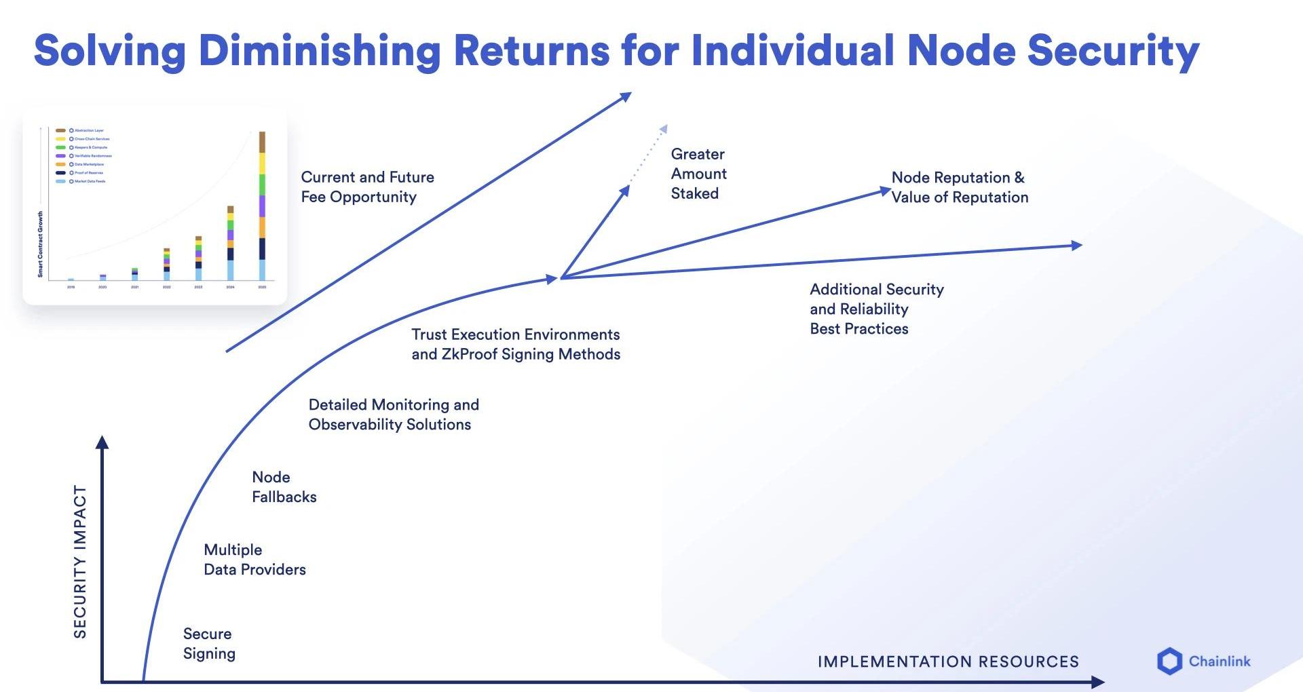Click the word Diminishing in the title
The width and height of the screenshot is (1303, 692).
[x=320, y=52]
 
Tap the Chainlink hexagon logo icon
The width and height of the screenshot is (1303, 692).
[x=1169, y=661]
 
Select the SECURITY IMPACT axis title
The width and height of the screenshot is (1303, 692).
[x=80, y=562]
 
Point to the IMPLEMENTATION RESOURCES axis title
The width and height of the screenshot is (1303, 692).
[x=947, y=661]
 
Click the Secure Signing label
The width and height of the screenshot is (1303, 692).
[x=209, y=643]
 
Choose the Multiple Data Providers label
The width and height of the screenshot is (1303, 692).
[x=254, y=560]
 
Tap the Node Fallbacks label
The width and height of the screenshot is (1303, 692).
[x=284, y=487]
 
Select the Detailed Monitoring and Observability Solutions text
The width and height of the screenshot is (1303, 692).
[x=394, y=415]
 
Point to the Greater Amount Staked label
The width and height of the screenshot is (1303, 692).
[x=698, y=174]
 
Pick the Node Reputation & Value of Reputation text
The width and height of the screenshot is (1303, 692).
[x=960, y=187]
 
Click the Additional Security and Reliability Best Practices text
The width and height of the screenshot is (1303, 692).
[x=876, y=309]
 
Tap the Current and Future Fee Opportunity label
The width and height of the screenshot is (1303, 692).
[x=367, y=187]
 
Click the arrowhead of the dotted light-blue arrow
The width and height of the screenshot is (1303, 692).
[x=664, y=129]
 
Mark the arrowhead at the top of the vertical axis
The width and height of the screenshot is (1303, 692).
[x=102, y=442]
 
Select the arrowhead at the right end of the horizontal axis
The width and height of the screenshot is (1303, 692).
[x=1097, y=681]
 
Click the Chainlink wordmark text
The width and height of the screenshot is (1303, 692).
[x=1219, y=661]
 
